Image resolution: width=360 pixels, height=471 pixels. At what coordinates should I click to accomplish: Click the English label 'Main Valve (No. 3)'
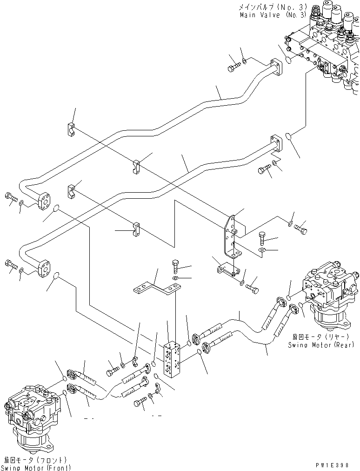click(x=273, y=15)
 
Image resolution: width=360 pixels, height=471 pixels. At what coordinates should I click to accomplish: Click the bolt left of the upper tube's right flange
click(x=233, y=68)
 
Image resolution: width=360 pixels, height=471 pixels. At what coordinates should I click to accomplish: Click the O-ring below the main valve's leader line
click(x=288, y=137)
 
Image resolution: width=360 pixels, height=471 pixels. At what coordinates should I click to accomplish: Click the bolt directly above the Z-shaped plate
click(x=175, y=266)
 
